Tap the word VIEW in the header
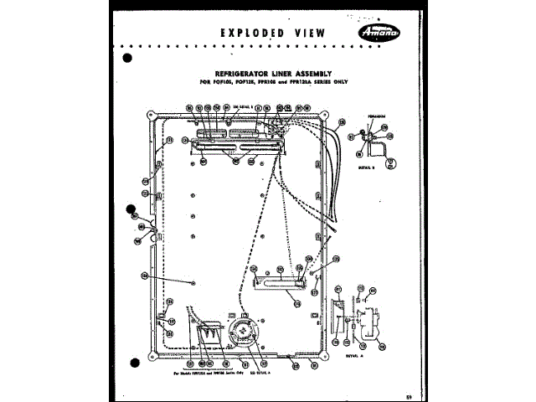click(x=313, y=33)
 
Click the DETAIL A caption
click(x=356, y=353)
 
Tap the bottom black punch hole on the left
click(x=133, y=361)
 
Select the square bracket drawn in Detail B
click(x=379, y=149)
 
